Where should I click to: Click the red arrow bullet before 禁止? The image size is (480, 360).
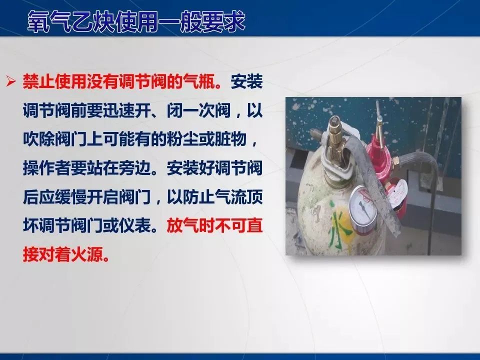click(10, 81)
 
